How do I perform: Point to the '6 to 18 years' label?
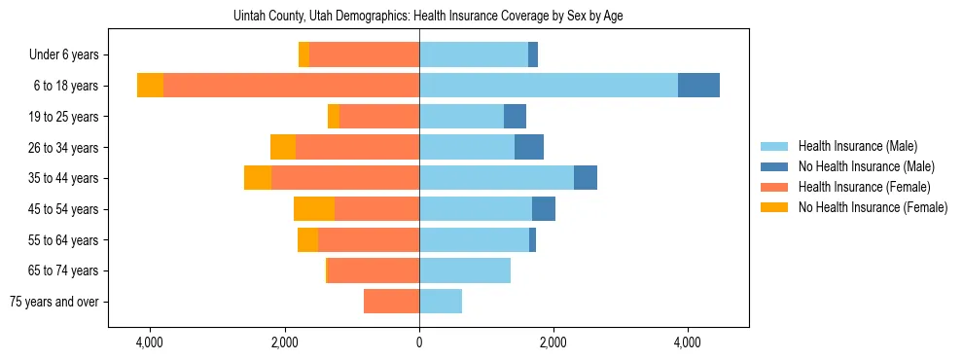[66, 86]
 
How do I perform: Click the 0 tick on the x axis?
[419, 343]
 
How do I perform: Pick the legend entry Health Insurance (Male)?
[857, 146]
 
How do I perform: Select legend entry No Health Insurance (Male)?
[865, 166]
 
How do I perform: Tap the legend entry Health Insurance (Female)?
[864, 187]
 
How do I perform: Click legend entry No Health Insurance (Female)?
[872, 207]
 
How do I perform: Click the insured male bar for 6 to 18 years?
[549, 86]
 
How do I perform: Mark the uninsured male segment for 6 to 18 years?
[698, 86]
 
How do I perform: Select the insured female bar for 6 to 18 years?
[291, 86]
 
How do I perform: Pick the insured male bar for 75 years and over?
[441, 302]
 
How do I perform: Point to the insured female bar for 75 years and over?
[391, 302]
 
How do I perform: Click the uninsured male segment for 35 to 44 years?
[586, 178]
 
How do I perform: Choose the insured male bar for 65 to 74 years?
[465, 270]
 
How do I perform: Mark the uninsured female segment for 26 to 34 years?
[283, 147]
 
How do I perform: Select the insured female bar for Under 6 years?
[364, 54]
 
